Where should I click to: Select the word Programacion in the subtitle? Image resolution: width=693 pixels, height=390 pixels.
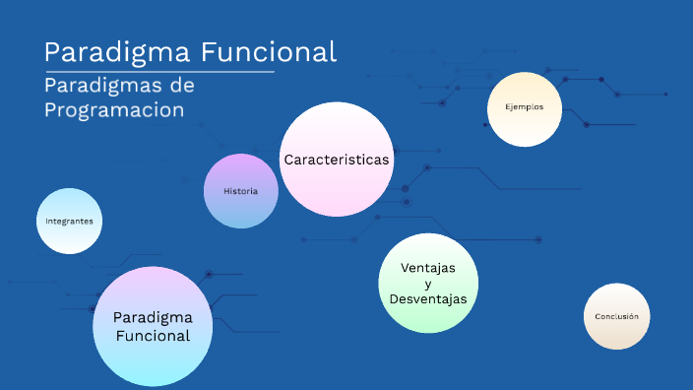tap(114, 109)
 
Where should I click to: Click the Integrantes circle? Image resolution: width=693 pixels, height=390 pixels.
tap(69, 221)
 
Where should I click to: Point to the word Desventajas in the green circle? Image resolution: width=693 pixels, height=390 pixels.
tap(427, 298)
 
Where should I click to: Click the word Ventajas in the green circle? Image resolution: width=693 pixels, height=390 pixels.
tap(427, 268)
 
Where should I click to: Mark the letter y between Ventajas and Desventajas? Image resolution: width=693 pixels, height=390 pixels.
tap(427, 284)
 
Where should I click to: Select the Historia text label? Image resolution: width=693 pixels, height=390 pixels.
tap(240, 191)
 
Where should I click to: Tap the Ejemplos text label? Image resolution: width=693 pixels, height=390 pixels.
tap(525, 107)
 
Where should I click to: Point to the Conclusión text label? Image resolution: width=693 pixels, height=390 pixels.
tap(617, 317)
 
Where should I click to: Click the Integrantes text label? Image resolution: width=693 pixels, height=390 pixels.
tap(69, 222)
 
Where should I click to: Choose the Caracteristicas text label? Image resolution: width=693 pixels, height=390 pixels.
tap(337, 160)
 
